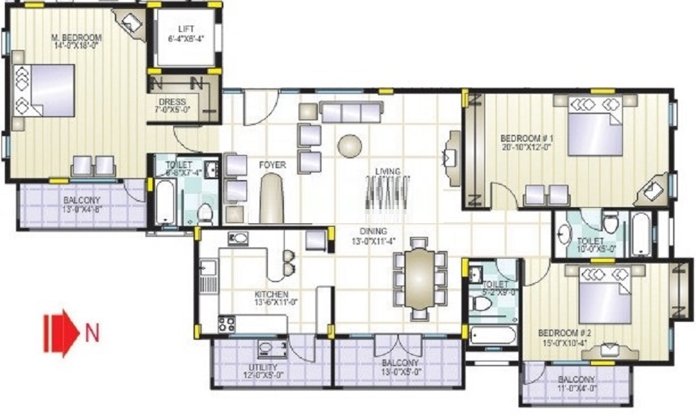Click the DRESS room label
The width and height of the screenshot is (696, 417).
172,102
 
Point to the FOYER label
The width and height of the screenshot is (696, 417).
271,165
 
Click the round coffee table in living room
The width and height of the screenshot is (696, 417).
349,145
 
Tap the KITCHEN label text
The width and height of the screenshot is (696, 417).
271,295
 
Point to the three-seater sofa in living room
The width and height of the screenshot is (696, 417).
350,111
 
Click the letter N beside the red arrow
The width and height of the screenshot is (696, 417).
92,332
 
